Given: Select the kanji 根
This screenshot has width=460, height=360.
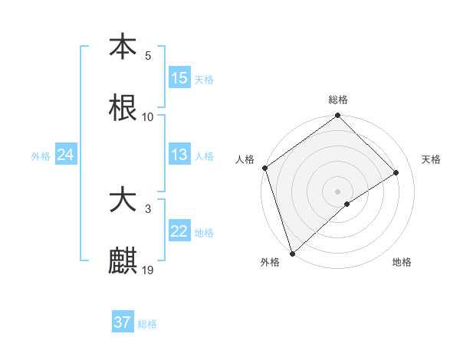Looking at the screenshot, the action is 123,108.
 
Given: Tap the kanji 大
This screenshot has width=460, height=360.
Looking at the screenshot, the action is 123,201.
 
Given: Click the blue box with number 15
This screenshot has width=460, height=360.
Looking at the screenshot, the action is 179,78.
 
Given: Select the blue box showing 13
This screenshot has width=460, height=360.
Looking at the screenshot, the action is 179,155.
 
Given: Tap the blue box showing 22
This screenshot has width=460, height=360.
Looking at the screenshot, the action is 179,231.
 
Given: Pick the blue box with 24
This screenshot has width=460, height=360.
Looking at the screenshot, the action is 66,155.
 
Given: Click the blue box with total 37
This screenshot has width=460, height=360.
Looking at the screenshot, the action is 123,322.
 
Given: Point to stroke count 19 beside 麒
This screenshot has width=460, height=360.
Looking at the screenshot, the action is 148,270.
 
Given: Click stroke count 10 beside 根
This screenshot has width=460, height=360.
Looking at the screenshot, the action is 148,116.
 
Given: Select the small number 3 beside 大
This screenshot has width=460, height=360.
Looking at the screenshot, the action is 148,209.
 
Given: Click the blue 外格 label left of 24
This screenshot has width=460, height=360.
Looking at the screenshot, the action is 41,156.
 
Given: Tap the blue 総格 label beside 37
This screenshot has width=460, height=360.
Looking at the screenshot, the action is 147,324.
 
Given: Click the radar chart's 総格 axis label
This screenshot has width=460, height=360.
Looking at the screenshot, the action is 338,100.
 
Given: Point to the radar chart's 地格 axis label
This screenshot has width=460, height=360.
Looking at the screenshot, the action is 402,263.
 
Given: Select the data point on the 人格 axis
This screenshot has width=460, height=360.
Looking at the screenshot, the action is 264,168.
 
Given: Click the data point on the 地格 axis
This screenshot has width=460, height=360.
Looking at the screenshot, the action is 347,204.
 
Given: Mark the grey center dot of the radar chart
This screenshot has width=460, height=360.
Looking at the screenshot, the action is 338,191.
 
